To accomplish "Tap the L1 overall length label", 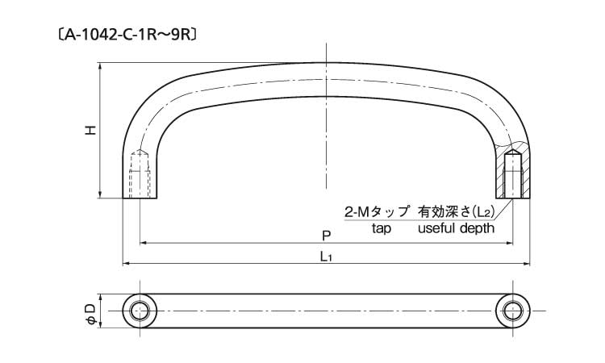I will (x=326, y=257).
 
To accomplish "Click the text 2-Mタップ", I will (x=377, y=212).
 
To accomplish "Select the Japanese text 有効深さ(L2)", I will (x=457, y=212).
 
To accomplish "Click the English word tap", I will (x=381, y=229).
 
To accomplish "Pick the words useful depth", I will (x=455, y=229).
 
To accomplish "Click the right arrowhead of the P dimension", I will (x=509, y=242).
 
